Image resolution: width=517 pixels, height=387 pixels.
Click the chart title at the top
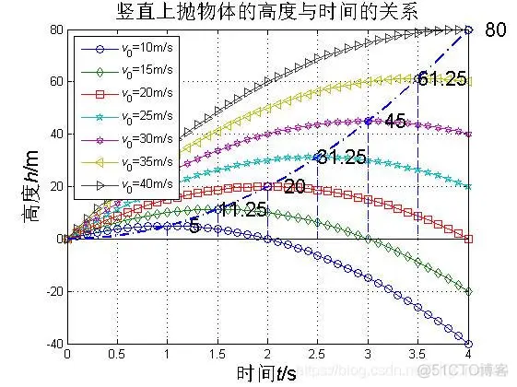click(267, 12)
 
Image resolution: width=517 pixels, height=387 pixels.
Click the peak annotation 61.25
click(441, 78)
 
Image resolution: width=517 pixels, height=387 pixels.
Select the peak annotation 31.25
click(342, 157)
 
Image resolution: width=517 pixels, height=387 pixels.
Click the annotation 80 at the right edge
click(496, 29)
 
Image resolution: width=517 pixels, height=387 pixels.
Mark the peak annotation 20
click(294, 187)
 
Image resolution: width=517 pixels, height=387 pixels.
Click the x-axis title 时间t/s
click(267, 372)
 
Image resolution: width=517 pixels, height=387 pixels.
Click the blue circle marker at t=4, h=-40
click(468, 344)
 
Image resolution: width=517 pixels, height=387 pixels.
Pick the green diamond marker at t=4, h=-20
click(468, 291)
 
